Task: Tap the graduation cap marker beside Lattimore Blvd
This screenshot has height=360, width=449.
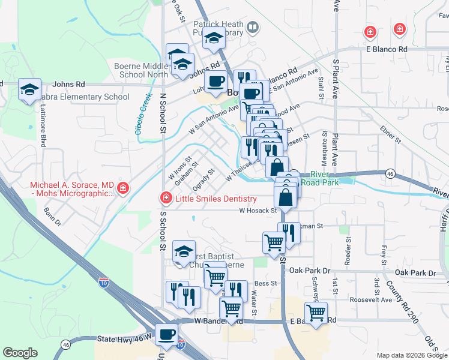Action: (x=29, y=90)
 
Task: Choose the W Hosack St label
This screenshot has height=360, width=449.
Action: (x=260, y=211)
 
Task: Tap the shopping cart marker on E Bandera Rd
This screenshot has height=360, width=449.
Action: (x=316, y=312)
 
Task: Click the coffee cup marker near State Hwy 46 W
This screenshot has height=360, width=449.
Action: (x=166, y=334)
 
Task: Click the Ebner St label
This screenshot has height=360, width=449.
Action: (x=390, y=133)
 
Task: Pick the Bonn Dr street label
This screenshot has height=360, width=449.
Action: (x=53, y=217)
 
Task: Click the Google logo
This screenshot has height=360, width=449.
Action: (x=20, y=353)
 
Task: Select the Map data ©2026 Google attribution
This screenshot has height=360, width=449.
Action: (x=412, y=355)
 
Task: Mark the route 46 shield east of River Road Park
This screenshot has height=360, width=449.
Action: (x=390, y=173)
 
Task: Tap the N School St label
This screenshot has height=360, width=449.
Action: (x=163, y=113)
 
